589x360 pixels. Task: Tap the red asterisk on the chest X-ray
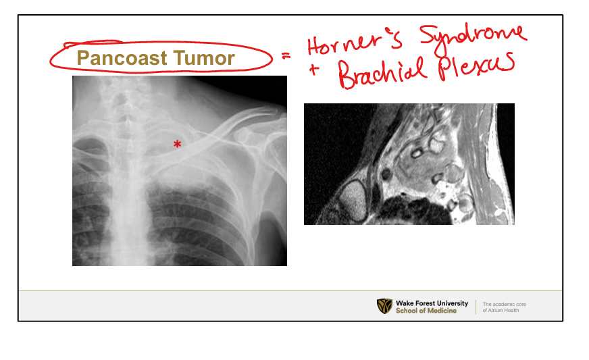click(177, 144)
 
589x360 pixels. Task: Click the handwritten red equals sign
click(286, 56)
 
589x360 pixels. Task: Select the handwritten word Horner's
click(355, 41)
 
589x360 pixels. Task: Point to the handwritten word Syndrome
click(473, 38)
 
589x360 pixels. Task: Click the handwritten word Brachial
click(382, 72)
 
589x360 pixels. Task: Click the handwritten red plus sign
click(314, 70)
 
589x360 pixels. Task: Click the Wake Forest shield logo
click(384, 306)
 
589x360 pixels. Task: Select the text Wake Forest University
click(432, 303)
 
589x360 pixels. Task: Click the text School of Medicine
click(426, 311)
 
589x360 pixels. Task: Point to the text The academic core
click(504, 304)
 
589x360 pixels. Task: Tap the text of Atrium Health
click(501, 311)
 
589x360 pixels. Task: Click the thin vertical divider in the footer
click(476, 307)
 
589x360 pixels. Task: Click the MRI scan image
click(409, 164)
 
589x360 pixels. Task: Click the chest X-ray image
click(180, 171)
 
